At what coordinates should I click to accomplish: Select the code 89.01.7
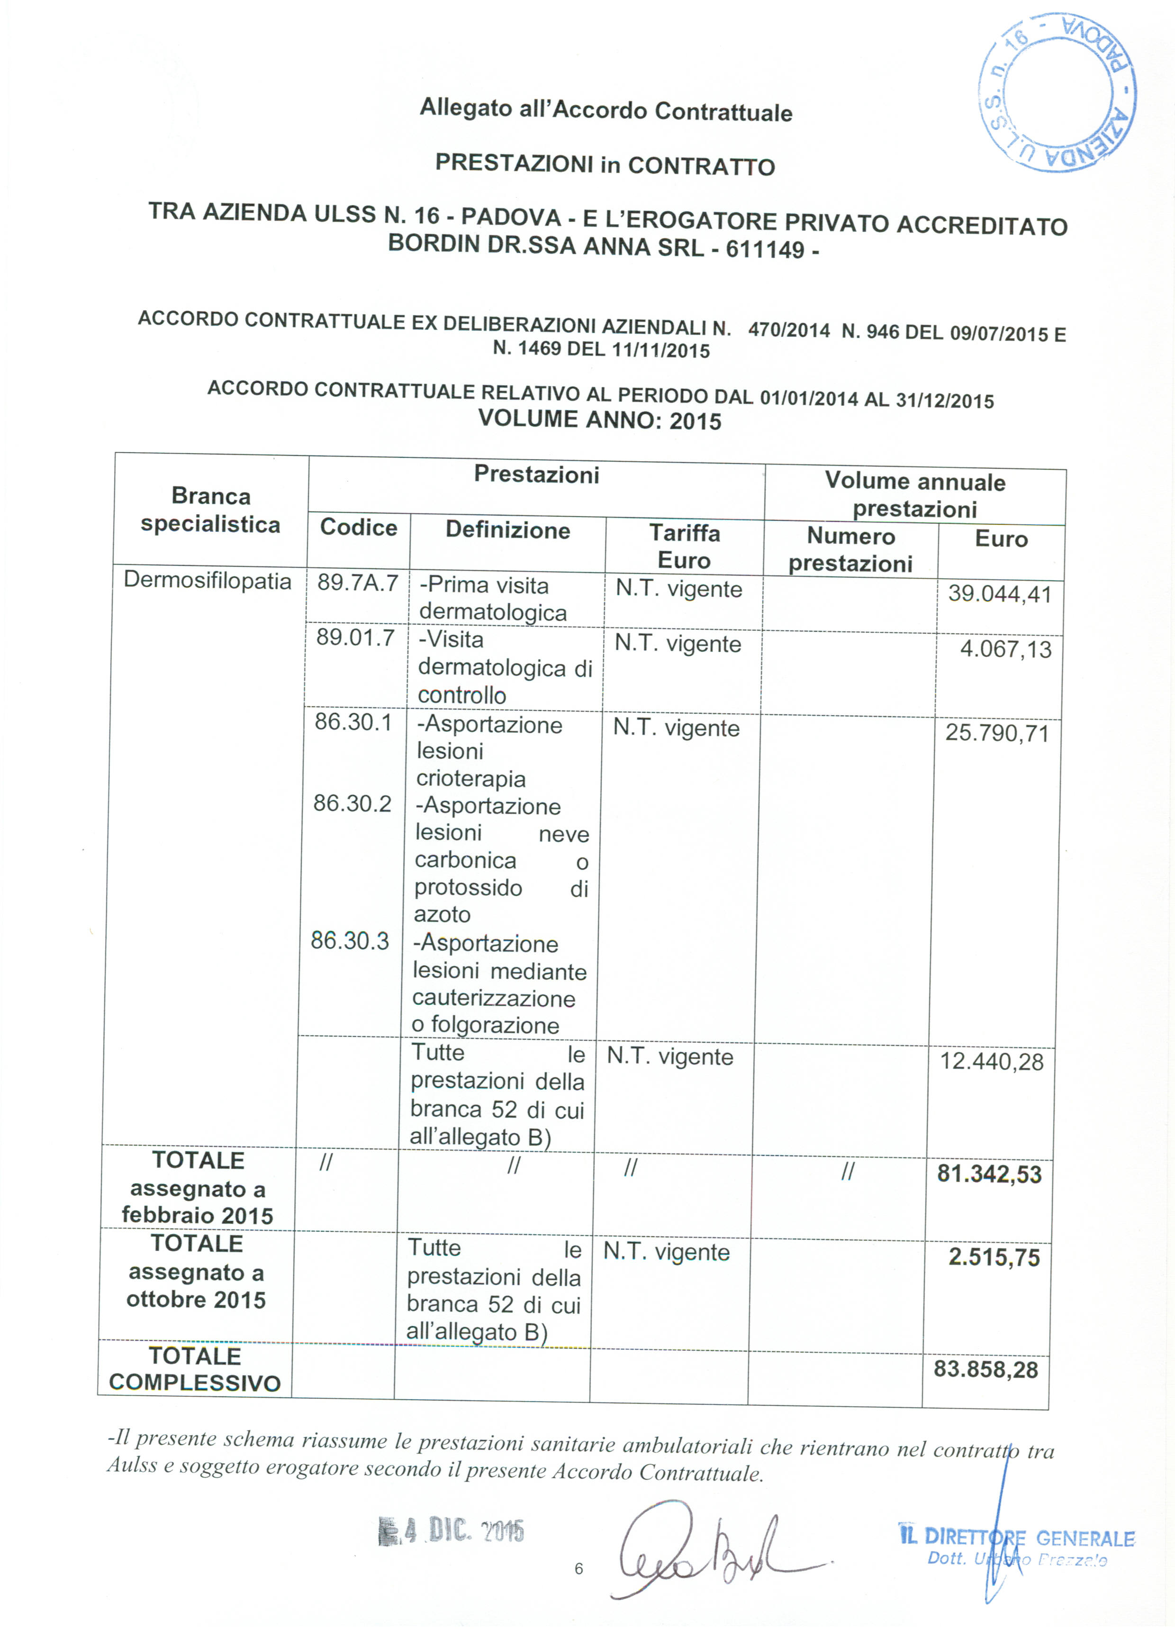355,638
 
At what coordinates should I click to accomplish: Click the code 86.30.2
352,803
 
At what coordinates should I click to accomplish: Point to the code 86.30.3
350,940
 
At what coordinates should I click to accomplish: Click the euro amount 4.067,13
1005,649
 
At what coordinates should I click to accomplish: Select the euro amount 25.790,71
997,733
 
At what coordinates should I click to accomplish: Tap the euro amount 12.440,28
992,1062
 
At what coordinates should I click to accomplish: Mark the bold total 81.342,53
989,1174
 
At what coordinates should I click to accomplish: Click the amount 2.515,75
994,1257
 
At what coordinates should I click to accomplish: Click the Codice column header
358,527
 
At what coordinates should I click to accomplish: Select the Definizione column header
508,530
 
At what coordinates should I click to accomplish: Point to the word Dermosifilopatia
208,580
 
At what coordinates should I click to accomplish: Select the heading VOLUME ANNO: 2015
600,419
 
